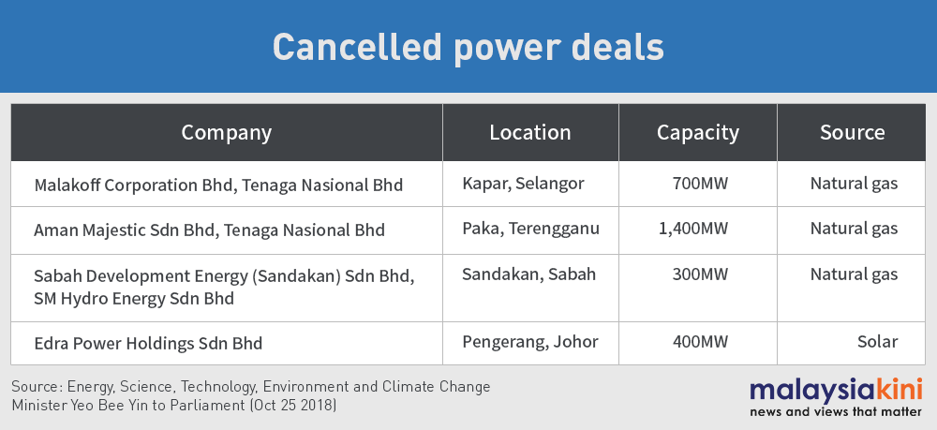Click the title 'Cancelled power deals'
tap(468, 47)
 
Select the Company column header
tap(227, 133)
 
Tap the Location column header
tap(530, 133)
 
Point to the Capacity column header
tap(698, 133)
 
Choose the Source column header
tap(852, 133)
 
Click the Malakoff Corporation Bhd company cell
tap(218, 185)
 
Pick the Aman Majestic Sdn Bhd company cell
tap(209, 230)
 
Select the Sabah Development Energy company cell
tap(224, 288)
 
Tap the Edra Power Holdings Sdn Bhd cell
tap(148, 344)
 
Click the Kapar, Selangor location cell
tap(523, 184)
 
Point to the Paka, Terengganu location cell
tap(530, 229)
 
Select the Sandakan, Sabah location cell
tap(528, 274)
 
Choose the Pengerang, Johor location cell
tap(530, 342)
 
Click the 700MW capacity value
tap(700, 184)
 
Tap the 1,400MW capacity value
tap(693, 229)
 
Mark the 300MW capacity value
tap(700, 274)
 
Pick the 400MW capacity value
tap(700, 342)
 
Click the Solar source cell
tap(877, 342)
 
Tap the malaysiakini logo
tap(836, 397)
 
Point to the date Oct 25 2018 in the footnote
tap(294, 406)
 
